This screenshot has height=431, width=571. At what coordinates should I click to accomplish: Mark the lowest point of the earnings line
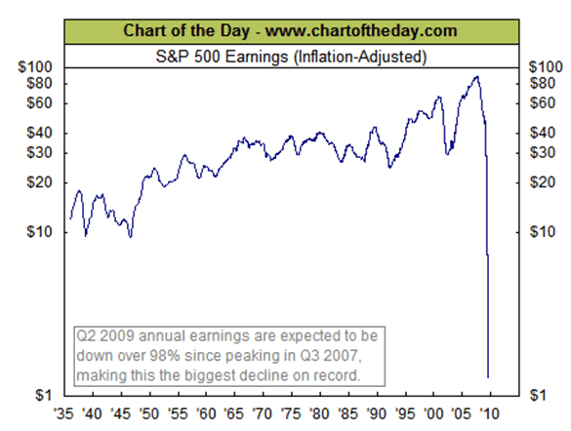[x=488, y=376]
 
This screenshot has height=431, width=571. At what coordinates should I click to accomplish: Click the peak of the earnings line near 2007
[x=476, y=76]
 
